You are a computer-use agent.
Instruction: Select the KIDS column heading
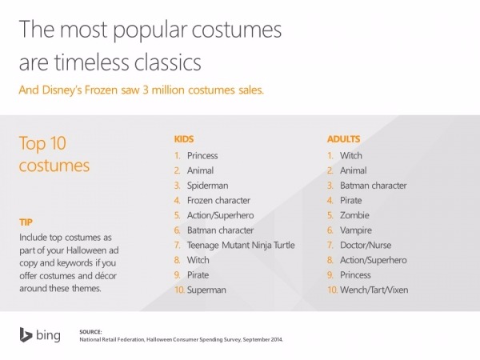(x=184, y=138)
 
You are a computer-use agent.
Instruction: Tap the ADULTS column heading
(x=343, y=138)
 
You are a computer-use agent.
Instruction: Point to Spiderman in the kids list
(x=210, y=185)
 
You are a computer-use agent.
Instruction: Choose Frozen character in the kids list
(x=218, y=200)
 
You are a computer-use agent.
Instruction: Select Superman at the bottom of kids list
(x=206, y=290)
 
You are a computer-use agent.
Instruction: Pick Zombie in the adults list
(x=354, y=215)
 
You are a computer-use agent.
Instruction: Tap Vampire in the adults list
(x=356, y=230)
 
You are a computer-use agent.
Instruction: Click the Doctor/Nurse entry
(x=366, y=245)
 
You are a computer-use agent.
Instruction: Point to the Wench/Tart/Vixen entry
(x=374, y=290)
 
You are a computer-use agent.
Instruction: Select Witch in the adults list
(x=351, y=155)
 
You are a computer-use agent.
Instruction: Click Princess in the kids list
(x=202, y=155)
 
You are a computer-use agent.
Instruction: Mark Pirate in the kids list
(x=198, y=274)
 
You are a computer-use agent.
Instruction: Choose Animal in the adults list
(x=354, y=170)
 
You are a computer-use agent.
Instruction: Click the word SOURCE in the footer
(x=91, y=330)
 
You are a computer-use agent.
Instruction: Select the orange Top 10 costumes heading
(x=54, y=155)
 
